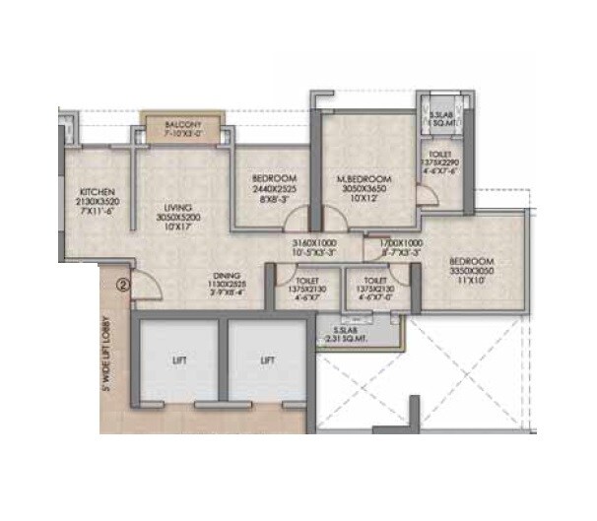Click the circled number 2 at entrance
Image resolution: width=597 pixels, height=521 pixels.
tap(122, 287)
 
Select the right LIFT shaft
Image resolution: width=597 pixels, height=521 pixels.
tap(267, 361)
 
